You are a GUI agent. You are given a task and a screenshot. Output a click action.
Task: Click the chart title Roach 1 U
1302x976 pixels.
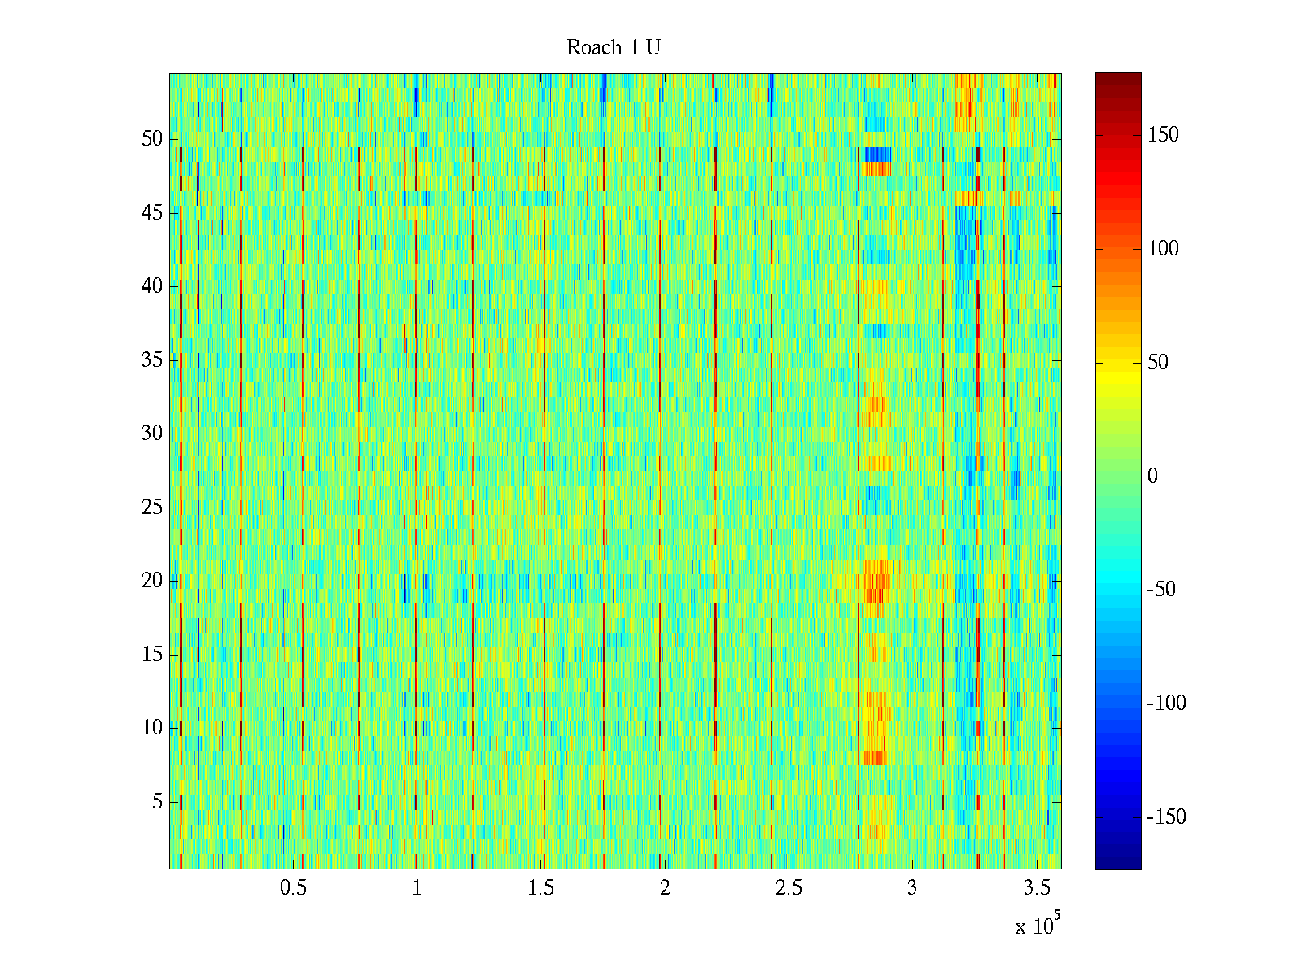point(613,48)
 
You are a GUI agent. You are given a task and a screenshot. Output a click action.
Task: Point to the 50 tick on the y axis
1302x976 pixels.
point(152,139)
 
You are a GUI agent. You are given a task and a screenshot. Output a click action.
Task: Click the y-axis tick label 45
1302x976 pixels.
point(152,213)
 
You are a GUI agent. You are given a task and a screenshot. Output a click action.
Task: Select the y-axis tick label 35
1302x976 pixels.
point(152,360)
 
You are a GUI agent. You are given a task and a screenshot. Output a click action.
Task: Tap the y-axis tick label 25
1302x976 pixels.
point(152,508)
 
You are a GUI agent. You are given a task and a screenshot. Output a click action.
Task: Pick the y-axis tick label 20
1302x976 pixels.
point(152,581)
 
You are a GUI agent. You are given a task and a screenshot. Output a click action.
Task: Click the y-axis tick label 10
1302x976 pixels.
point(152,728)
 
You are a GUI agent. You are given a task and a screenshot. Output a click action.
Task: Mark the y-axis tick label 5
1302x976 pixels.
point(157,802)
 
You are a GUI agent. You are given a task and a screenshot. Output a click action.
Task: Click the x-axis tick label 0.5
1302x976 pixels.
point(293,888)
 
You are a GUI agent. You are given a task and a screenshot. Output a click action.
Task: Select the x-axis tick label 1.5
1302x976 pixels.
point(541,888)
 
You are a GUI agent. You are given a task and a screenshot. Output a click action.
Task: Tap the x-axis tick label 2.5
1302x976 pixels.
point(789,888)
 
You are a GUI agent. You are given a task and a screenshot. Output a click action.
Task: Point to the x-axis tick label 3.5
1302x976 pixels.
point(1036,888)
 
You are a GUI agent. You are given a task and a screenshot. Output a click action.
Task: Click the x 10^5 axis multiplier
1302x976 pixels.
point(1037,925)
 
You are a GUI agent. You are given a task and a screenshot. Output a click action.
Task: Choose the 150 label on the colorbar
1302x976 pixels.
point(1163,135)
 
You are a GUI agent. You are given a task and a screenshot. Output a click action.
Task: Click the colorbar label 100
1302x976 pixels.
point(1163,249)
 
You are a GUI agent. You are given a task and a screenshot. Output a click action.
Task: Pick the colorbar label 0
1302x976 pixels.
point(1152,477)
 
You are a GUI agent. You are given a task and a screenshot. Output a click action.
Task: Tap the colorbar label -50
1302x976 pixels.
point(1160,590)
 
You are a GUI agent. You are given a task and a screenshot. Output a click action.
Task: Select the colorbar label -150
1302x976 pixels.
point(1166,817)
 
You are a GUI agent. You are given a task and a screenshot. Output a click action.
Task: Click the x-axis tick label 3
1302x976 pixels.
point(912,888)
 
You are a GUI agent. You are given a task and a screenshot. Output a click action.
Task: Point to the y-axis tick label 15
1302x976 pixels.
point(152,655)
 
